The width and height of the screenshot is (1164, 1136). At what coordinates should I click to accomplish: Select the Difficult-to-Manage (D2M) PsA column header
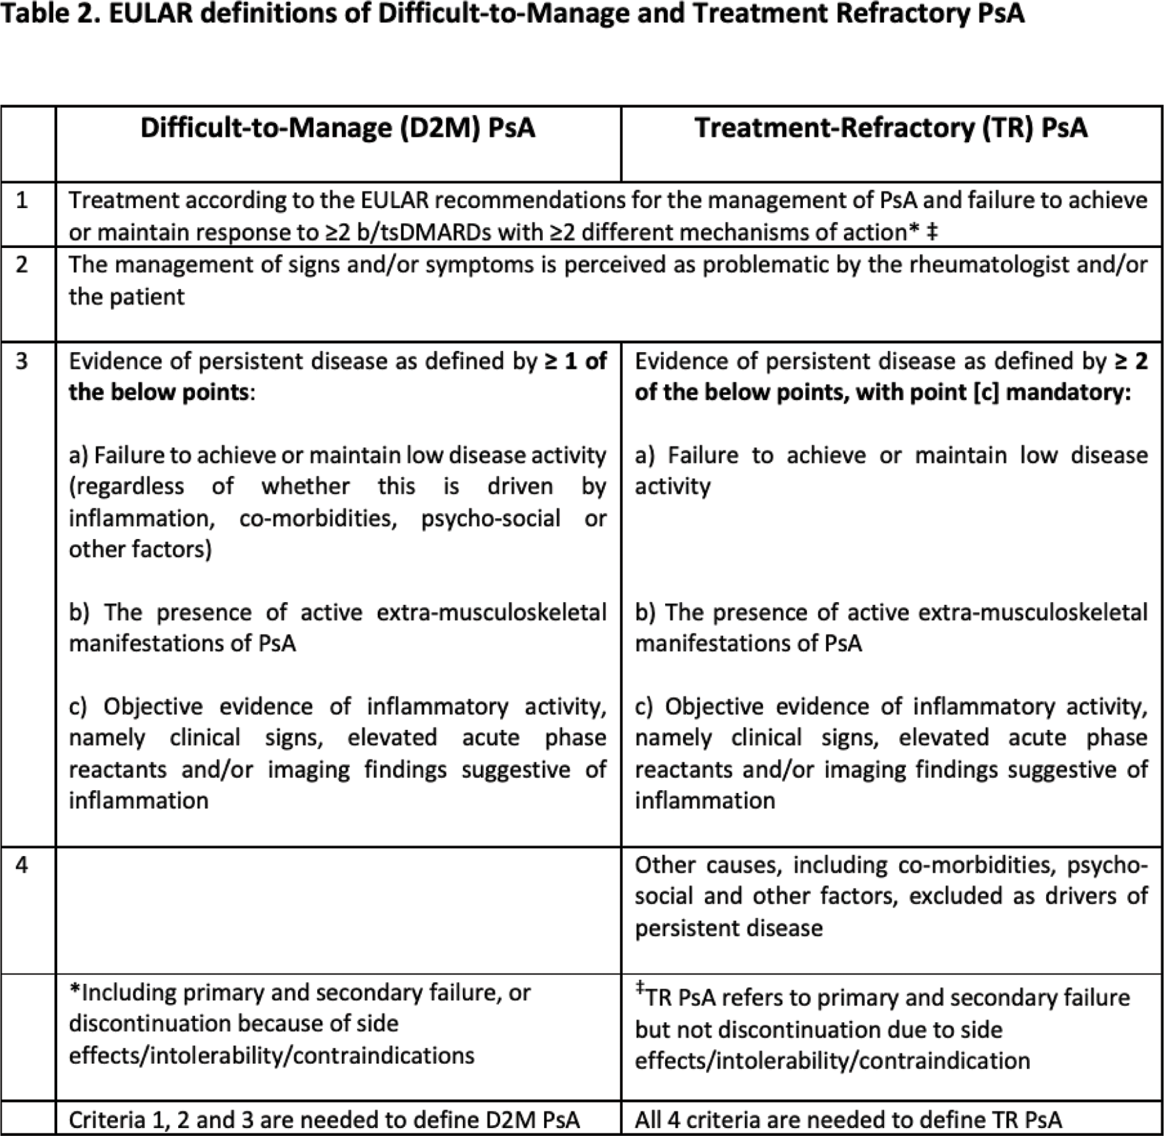[x=338, y=128]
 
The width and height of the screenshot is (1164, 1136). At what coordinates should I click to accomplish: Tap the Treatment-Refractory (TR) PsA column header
[x=891, y=128]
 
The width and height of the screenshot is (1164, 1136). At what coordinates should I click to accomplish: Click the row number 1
[x=22, y=200]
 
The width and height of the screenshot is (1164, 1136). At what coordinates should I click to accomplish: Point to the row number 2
[x=22, y=265]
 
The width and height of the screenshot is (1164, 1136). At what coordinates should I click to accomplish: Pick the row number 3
[x=22, y=362]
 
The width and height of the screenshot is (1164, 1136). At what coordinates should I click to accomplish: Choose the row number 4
[x=22, y=865]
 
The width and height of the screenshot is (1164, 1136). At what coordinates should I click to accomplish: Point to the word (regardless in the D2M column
[x=126, y=486]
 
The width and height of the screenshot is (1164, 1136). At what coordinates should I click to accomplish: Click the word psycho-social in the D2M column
[x=491, y=518]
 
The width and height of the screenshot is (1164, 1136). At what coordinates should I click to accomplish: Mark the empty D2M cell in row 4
[x=338, y=909]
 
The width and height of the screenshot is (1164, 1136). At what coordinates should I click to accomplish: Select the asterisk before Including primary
[x=75, y=992]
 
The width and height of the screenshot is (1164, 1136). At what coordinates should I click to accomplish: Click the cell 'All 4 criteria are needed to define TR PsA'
[x=848, y=1120]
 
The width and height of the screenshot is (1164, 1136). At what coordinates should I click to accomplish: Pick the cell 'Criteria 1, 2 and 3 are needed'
[x=324, y=1120]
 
